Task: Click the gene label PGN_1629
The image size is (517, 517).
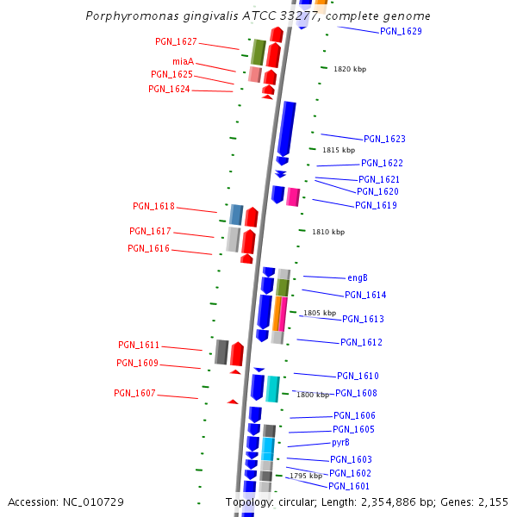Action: click(401, 31)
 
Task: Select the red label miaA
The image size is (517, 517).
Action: click(183, 61)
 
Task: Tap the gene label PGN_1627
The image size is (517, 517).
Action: click(176, 41)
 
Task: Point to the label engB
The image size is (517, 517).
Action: click(358, 277)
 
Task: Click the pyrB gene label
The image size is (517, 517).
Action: click(340, 442)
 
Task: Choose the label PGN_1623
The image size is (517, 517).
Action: click(384, 139)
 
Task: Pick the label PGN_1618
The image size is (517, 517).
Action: click(153, 206)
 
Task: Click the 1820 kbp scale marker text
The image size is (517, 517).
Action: click(350, 69)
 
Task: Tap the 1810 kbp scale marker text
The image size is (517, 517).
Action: click(328, 232)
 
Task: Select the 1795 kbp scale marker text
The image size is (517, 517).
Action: click(305, 476)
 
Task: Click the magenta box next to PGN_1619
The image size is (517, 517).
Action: click(293, 196)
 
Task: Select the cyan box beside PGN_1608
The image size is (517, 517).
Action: click(272, 389)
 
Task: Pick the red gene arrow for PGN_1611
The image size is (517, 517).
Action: click(237, 353)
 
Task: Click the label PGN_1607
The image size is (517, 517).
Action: click(134, 393)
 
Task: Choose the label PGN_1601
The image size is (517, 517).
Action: click(349, 486)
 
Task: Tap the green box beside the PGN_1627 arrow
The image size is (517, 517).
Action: click(258, 52)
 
